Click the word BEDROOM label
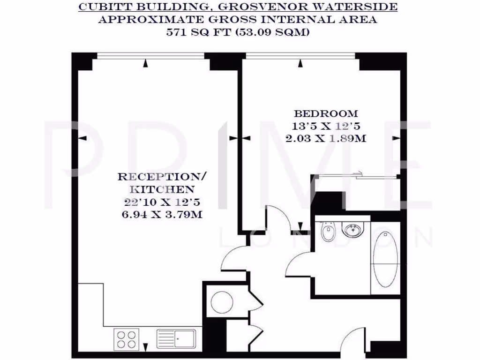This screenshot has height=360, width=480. [x=326, y=113]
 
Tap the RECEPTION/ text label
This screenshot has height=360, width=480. [x=162, y=177]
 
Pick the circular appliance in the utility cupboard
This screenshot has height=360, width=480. [x=222, y=302]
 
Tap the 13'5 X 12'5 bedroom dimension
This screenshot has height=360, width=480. [x=326, y=126]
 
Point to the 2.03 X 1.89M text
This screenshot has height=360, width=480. [x=326, y=139]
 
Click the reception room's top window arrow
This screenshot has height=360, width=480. [x=146, y=62]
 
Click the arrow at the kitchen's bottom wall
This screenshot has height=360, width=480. [x=145, y=347]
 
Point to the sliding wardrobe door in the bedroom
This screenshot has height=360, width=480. [x=356, y=176]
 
